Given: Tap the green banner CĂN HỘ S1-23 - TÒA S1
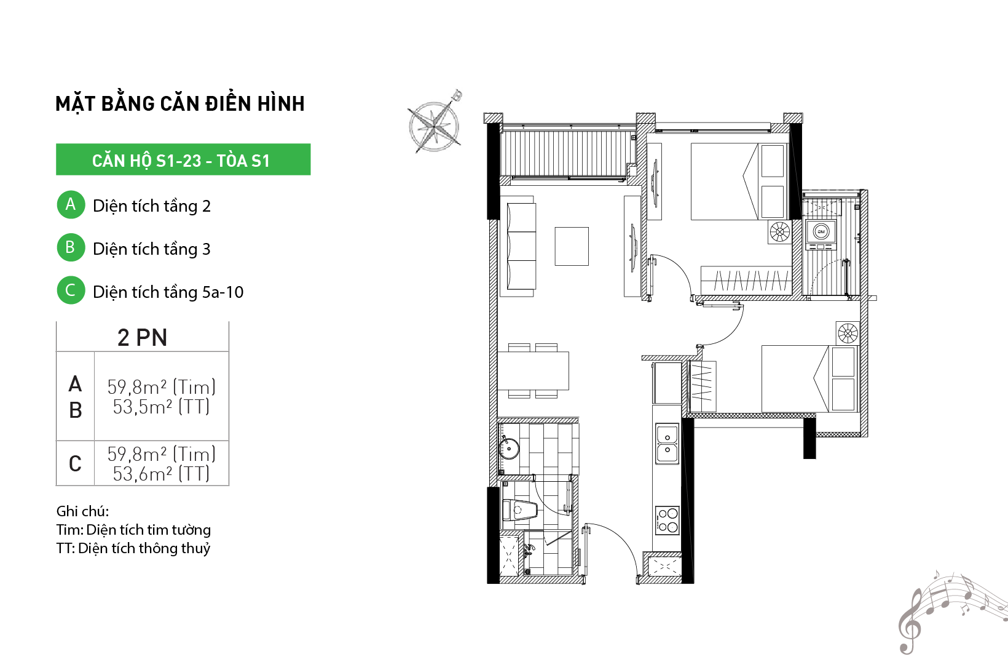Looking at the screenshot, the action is click(183, 159).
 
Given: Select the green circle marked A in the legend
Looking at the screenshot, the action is click(71, 204).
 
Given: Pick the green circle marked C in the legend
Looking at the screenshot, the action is click(71, 290).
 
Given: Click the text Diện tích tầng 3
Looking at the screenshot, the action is click(152, 249).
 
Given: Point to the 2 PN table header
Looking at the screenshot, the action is click(142, 337).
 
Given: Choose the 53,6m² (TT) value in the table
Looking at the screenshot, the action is click(161, 474).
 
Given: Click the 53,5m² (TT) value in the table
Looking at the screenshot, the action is click(161, 407).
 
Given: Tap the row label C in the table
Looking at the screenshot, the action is click(75, 463).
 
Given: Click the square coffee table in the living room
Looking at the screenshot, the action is click(572, 246).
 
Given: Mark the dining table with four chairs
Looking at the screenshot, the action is click(534, 370).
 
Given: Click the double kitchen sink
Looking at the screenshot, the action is click(667, 444).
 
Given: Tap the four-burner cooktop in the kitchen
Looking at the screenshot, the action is click(667, 521).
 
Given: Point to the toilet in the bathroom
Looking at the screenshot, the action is click(520, 510).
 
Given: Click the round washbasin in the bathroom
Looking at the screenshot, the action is click(510, 449).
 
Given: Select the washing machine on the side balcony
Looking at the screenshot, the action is click(821, 234).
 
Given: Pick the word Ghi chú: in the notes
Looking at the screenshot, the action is click(83, 511).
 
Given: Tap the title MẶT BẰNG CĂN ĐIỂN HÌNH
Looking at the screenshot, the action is click(180, 103).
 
